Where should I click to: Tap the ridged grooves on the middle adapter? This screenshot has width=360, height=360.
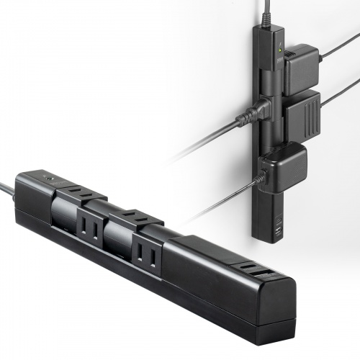point(307,115)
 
